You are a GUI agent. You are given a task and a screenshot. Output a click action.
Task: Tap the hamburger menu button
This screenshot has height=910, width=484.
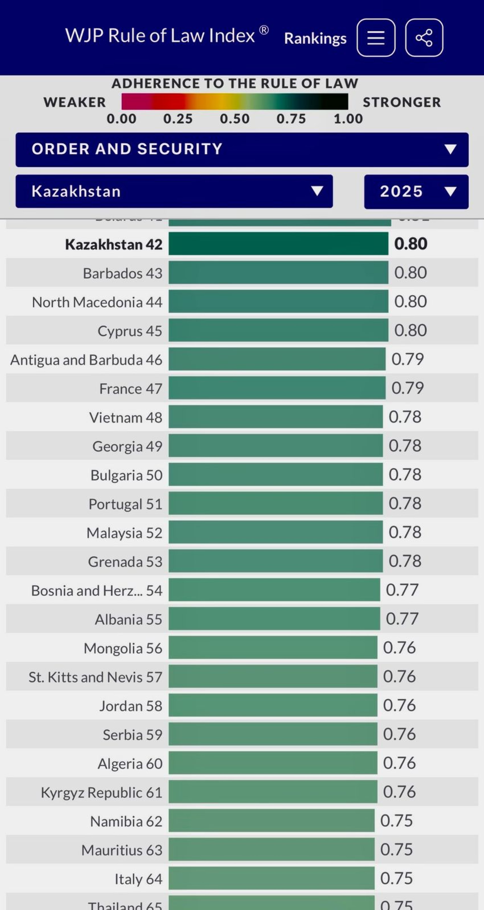click(x=376, y=38)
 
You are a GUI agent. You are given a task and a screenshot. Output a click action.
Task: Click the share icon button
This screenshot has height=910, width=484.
click(x=424, y=38)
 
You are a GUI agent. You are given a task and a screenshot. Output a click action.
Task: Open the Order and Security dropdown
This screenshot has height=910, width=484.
click(x=242, y=149)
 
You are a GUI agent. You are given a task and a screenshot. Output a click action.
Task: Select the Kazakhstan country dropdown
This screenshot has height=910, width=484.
click(x=174, y=191)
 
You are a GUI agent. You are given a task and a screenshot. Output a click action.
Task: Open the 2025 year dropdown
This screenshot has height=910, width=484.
click(x=416, y=191)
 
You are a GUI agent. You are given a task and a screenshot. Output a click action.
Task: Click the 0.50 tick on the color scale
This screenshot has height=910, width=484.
click(x=234, y=119)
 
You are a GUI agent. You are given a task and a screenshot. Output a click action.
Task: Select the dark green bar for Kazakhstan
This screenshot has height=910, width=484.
click(x=278, y=244)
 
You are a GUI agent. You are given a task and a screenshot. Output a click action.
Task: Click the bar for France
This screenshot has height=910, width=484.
click(x=277, y=388)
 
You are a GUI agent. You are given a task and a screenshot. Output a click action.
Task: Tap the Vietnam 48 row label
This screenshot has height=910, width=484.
click(x=126, y=417)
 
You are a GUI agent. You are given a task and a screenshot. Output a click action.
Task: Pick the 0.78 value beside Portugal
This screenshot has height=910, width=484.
click(x=405, y=503)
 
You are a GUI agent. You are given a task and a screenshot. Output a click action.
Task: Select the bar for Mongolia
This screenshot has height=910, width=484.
click(x=273, y=648)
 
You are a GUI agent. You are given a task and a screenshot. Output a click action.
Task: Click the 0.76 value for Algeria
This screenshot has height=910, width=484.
click(x=399, y=763)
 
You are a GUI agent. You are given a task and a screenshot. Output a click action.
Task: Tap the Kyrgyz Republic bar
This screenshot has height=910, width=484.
click(x=273, y=792)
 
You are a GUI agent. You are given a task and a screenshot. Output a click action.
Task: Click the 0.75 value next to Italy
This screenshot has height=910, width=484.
click(x=396, y=879)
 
